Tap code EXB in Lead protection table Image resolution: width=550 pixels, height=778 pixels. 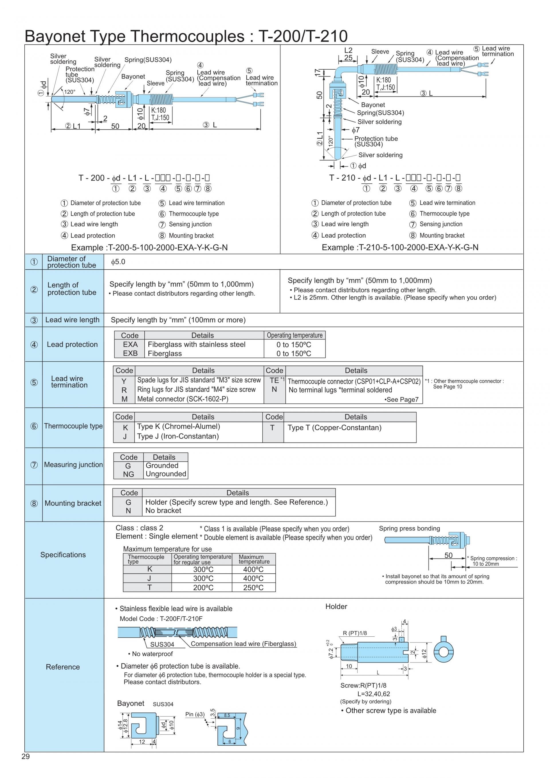tap(130, 353)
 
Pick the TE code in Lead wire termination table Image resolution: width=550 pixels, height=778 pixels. tap(274, 381)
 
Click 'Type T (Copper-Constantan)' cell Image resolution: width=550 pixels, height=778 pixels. tap(334, 428)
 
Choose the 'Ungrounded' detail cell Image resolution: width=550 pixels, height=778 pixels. tap(166, 474)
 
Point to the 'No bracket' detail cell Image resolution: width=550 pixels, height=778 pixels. tap(163, 510)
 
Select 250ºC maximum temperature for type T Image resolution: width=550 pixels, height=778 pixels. tap(253, 587)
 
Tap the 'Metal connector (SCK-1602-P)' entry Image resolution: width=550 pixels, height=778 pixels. tap(182, 399)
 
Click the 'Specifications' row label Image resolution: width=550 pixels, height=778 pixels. tap(63, 555)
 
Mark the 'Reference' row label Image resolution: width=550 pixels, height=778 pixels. tap(63, 667)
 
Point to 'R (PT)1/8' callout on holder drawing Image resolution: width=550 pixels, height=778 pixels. tap(355, 633)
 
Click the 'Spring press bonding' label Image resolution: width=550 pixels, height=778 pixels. tap(409, 528)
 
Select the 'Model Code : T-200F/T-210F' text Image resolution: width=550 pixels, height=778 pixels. tap(161, 619)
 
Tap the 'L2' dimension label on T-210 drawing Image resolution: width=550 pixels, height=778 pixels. tap(348, 50)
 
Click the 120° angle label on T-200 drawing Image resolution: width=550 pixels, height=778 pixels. tap(70, 92)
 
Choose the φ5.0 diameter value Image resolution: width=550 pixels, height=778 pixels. tap(118, 262)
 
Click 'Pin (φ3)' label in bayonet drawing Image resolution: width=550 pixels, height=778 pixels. tap(195, 714)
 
